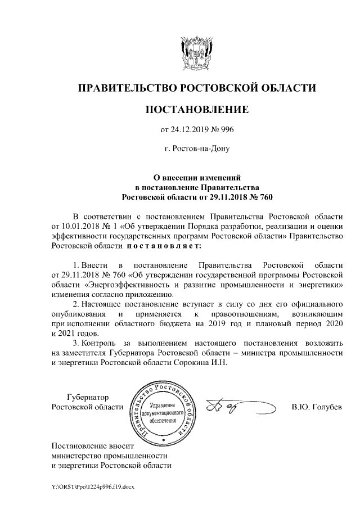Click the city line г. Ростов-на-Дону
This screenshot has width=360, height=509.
197,150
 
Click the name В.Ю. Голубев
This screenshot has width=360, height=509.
317,407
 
